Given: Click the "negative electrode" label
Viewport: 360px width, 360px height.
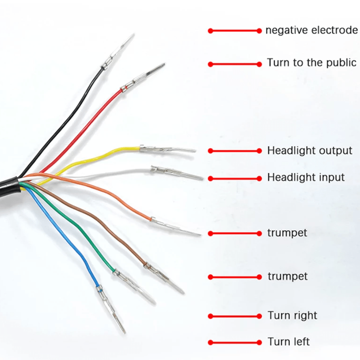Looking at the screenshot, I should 311,31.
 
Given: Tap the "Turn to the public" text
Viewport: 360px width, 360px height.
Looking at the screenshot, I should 312,63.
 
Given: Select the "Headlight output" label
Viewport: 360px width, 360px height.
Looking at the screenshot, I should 310,150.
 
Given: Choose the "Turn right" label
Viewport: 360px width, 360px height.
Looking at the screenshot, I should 293,316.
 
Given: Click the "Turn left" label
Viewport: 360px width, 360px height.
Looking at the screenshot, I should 289,342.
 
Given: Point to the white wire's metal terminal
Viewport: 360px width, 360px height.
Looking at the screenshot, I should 176,172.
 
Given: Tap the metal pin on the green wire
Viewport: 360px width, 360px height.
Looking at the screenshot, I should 134,287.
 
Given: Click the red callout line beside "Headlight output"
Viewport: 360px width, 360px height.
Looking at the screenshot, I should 234,151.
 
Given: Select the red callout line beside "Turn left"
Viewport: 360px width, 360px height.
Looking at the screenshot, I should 234,342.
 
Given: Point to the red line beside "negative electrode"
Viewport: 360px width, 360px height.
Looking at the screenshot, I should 234,31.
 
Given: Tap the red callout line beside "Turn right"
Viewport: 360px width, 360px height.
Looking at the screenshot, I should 234,316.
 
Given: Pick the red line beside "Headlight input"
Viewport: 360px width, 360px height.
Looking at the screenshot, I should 234,178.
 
